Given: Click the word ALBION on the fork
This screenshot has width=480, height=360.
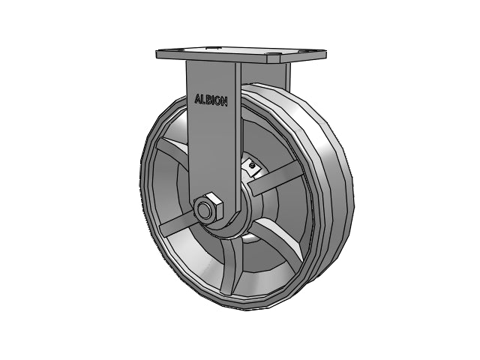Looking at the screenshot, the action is point(211,100).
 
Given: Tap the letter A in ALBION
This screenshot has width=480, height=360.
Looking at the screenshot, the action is point(198,98).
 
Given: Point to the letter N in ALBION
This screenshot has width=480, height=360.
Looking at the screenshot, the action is point(223,102).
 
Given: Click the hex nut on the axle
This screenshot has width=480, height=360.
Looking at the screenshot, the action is point(208,208).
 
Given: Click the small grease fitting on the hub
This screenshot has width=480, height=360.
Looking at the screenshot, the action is point(252,166).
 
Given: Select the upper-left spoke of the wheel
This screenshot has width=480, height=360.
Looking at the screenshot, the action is point(173,149).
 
